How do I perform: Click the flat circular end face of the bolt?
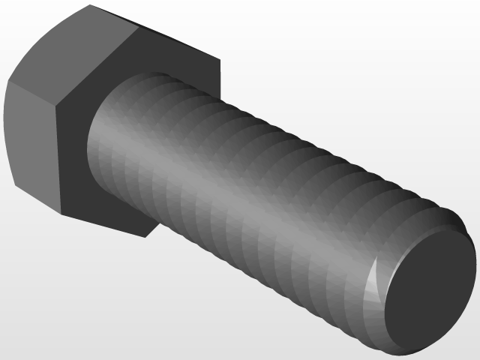tap(433, 289)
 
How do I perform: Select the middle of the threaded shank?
tap(247, 195)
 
